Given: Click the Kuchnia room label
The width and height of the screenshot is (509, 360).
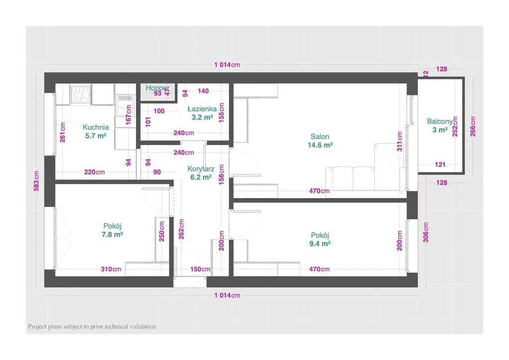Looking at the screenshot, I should coord(95,127).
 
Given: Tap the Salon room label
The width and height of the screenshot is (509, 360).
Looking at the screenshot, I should coord(320,137).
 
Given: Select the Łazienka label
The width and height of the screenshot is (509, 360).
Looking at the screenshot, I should coord(202,108).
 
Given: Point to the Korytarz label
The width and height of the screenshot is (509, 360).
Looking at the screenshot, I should coord(201,169).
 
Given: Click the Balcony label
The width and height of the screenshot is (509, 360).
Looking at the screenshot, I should coord(440,121).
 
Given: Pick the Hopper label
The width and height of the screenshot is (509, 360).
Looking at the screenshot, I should coord(158,88).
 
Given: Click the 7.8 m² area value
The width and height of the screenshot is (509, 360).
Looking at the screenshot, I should coord(113,234).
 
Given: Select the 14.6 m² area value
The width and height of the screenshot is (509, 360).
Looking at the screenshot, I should coord(320,145).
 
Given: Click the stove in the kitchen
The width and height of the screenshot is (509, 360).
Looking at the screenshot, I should coord(81,93).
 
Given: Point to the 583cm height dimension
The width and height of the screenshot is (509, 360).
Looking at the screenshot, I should coord(36,184).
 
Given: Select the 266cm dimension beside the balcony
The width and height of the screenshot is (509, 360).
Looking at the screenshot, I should coord(473,126).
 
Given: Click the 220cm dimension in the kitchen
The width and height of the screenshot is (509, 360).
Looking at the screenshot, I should coord(94,173).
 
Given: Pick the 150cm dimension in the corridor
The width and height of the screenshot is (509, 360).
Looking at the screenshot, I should coord(200,269).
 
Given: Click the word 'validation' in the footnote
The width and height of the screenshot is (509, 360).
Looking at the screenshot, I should coord(142,327).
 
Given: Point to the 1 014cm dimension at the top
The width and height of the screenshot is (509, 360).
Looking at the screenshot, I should coord(227,65).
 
